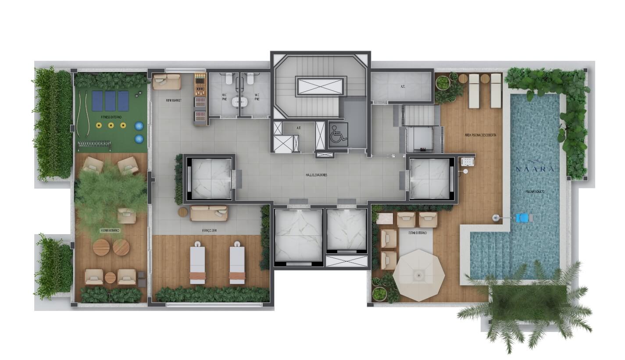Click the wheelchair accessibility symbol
click(x=338, y=132)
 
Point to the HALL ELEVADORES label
click(x=316, y=175)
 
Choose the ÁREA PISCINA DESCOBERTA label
click(x=481, y=135)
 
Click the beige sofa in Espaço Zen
click(x=209, y=213)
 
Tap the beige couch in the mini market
click(x=167, y=82)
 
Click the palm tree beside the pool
click(x=526, y=303)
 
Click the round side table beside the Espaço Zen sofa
click(x=183, y=212)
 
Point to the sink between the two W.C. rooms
click(x=239, y=101)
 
